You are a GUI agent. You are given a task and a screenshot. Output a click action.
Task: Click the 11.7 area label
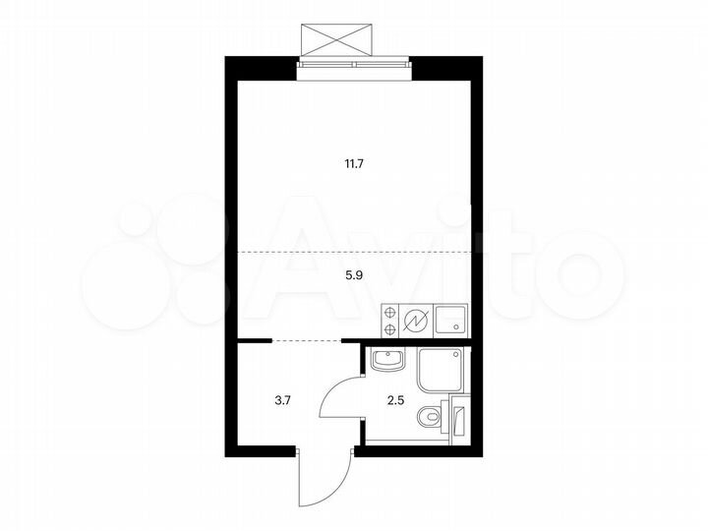(x=354, y=164)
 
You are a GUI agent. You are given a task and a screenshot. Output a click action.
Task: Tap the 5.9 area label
(x=354, y=277)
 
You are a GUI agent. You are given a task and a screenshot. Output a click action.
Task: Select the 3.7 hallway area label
(x=282, y=400)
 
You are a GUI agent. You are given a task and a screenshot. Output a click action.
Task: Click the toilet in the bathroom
(x=430, y=418)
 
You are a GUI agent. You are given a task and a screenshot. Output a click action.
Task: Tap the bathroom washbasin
(x=388, y=360)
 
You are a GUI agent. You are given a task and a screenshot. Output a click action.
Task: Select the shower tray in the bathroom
(x=442, y=372)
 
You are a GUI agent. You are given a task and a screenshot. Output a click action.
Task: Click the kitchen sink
(x=451, y=321)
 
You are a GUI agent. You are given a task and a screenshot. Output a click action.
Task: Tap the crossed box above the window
(x=338, y=38)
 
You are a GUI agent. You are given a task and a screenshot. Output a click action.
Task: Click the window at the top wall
(x=352, y=65)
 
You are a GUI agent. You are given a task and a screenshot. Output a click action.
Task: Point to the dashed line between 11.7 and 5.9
(x=354, y=252)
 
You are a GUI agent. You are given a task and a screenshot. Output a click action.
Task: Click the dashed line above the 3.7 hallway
(x=305, y=340)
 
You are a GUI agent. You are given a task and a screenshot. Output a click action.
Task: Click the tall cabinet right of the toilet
(x=459, y=418)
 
